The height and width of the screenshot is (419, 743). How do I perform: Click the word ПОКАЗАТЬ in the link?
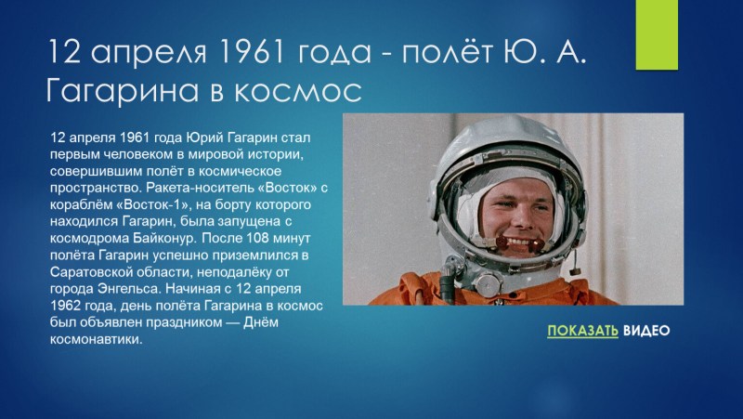tap(582, 332)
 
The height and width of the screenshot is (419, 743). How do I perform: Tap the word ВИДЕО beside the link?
tap(645, 332)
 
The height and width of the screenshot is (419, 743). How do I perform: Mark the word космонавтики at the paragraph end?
tap(96, 339)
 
